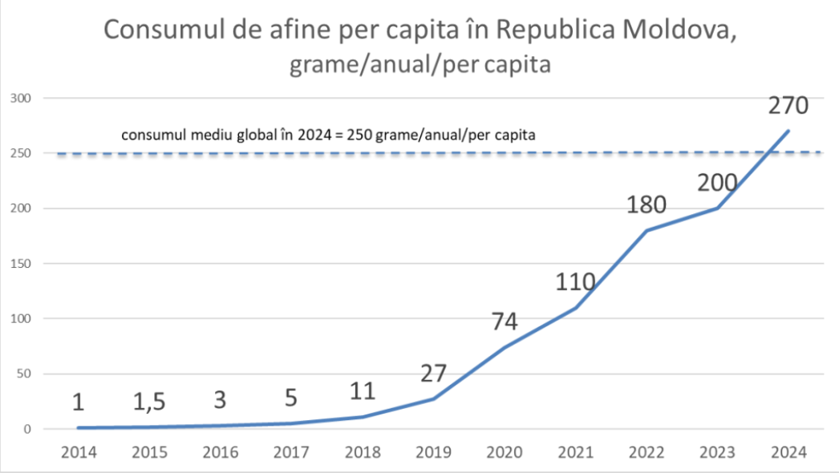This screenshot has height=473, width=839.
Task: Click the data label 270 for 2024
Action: click(x=788, y=106)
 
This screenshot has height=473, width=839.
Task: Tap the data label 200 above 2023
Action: click(x=717, y=183)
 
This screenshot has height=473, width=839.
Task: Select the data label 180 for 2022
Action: click(x=646, y=204)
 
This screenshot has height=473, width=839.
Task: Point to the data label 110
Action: click(x=575, y=282)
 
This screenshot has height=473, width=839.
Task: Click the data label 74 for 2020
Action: click(x=505, y=321)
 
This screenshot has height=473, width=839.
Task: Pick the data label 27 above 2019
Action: click(x=433, y=374)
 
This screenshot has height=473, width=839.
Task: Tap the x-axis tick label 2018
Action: click(x=363, y=451)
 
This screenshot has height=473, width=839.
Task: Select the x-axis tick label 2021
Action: click(x=575, y=451)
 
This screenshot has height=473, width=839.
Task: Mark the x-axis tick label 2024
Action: click(x=788, y=451)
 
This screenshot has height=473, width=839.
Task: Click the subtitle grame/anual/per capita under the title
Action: click(x=419, y=64)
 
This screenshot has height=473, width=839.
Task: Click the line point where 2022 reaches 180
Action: click(x=646, y=230)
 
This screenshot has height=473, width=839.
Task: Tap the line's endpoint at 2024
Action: click(x=788, y=131)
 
